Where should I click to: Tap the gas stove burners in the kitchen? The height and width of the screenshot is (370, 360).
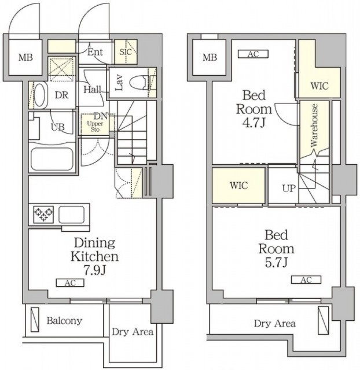pos(43,214)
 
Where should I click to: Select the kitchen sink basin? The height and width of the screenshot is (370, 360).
pos(71,214)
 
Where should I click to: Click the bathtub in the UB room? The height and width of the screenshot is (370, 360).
pos(52,159)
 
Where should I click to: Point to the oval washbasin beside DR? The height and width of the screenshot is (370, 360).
pos(39,95)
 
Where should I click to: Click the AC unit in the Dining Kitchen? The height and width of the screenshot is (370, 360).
pos(70,283)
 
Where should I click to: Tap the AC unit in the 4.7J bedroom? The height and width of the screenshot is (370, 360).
pos(253,54)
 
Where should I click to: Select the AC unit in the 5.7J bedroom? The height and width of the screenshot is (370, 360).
pos(306,280)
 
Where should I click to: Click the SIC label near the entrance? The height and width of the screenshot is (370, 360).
pos(126,51)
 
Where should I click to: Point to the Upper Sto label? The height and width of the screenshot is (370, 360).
pos(95,127)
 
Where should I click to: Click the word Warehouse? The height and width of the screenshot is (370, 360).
pos(314,125)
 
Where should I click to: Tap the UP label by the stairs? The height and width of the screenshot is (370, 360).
pos(289,188)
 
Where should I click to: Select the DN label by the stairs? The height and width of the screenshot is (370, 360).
pos(101,116)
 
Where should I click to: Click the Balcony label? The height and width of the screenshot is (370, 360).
pos(64,321)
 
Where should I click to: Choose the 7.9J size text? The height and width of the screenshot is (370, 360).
pos(94,271)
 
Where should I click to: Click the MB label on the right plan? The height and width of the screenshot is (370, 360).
pos(210,57)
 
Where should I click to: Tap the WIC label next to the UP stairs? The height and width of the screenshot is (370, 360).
pos(239,186)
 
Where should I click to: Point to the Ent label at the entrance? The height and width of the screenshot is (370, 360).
pos(95,52)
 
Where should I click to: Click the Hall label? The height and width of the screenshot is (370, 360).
pos(93,90)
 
